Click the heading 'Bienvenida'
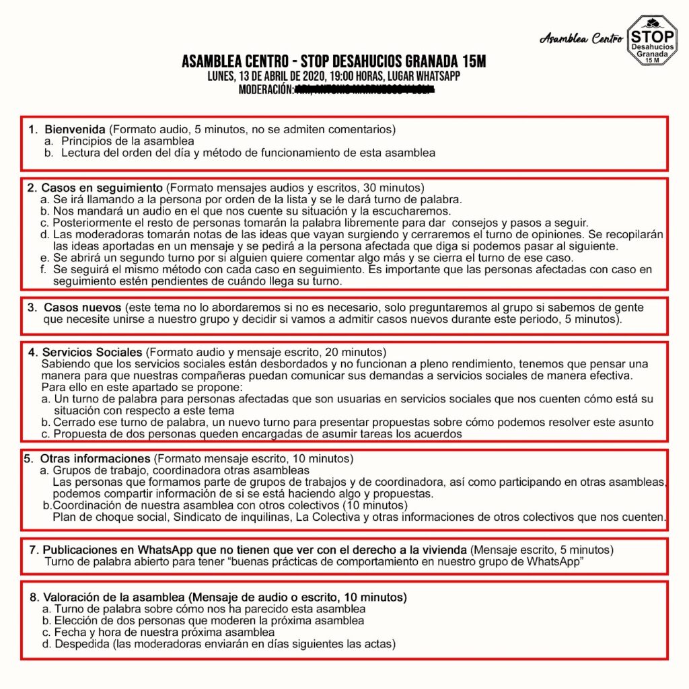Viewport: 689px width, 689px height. [75, 129]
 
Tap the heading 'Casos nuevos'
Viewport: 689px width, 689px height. [83, 307]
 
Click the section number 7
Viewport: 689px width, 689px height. [34, 550]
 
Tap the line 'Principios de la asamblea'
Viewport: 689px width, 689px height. [128, 141]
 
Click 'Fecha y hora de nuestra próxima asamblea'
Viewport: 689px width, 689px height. [164, 632]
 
